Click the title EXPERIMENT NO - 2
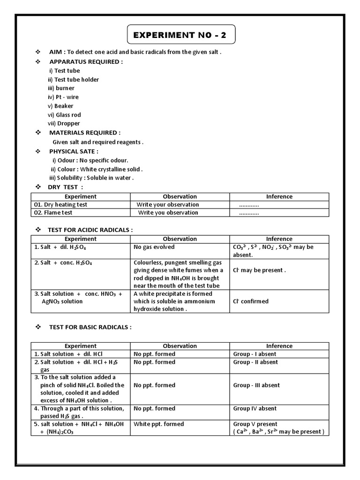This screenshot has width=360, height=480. point(181,35)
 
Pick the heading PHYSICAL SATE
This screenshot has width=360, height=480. point(74,151)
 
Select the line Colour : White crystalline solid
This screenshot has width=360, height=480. point(97,169)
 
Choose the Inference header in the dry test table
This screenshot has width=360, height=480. point(279,197)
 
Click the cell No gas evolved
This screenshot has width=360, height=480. point(154,247)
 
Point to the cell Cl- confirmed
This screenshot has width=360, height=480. point(251,301)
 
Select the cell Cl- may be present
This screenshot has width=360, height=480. point(259,270)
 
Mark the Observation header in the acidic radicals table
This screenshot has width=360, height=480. point(180,239)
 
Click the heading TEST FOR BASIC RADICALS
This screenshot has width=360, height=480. point(90,327)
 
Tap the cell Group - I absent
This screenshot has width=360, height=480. point(255,354)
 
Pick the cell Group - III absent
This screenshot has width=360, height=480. point(256,385)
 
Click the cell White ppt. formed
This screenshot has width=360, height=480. point(158,424)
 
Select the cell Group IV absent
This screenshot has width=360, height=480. point(255,409)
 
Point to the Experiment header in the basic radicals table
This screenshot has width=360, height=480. point(81,346)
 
